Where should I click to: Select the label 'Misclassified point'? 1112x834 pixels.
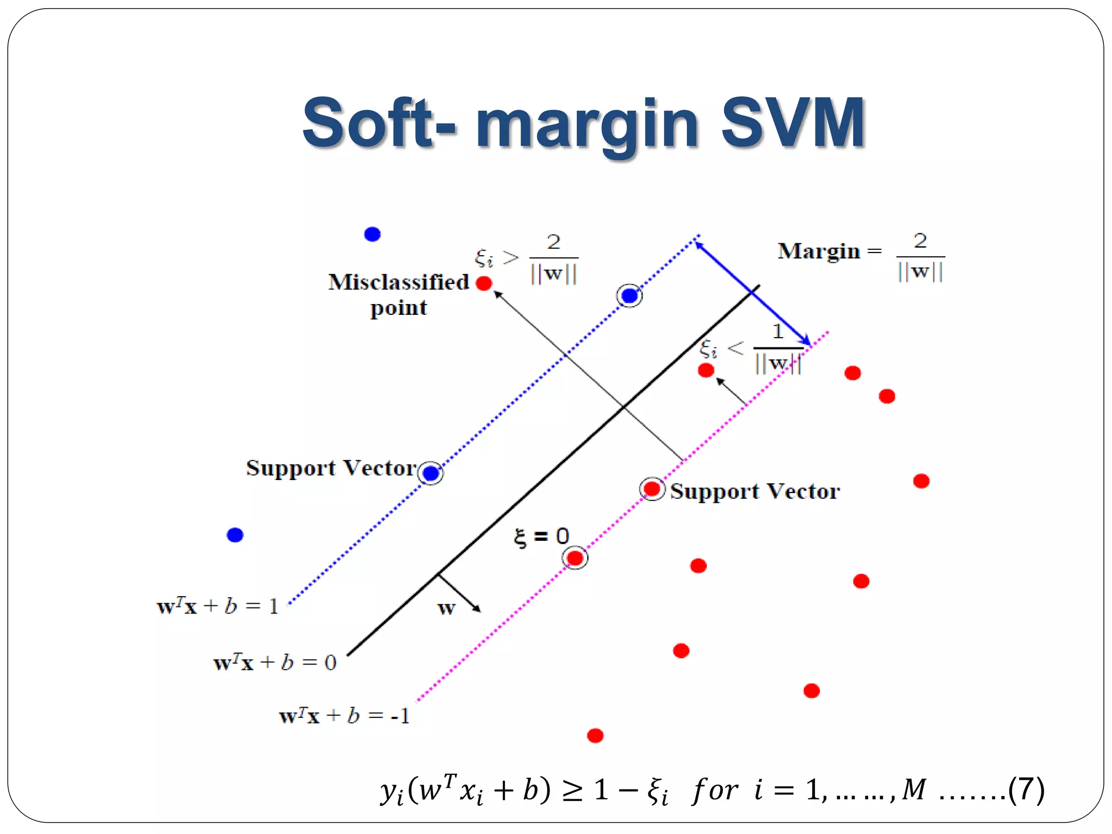coord(399,294)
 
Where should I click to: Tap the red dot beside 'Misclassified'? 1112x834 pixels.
coord(484,283)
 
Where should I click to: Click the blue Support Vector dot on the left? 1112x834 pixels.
coord(431,473)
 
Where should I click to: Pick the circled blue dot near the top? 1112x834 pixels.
coord(629,296)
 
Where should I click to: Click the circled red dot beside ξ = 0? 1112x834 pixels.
coord(575,558)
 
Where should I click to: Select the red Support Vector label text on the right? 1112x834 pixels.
coord(755,491)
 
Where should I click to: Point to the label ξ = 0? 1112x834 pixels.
coord(541,537)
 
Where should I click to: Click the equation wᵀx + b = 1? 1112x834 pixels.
coord(217,606)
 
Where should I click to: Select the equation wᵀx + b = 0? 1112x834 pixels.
coord(275,663)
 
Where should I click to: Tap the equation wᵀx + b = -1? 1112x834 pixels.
coord(344,716)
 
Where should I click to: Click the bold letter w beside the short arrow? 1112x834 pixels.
coord(446,608)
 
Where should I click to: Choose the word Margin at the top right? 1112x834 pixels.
coord(819,251)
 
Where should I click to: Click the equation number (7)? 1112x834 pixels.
coord(1026,789)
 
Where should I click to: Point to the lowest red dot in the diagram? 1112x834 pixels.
coord(595,736)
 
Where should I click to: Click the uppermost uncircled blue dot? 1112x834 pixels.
coord(372,235)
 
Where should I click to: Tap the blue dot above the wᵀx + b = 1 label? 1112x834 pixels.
coord(235,535)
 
